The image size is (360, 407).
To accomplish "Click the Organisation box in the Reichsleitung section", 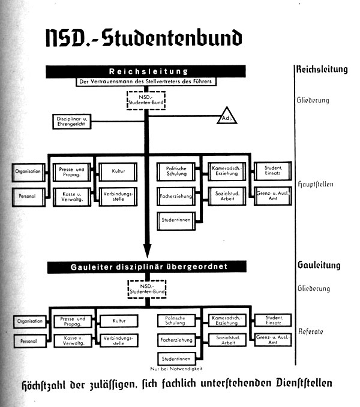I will pyautogui.click(x=28, y=172).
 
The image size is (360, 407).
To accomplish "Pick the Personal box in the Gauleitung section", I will pyautogui.click(x=28, y=342).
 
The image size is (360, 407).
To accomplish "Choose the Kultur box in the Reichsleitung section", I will pyautogui.click(x=118, y=171).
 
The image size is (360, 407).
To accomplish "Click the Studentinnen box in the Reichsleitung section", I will pyautogui.click(x=175, y=219).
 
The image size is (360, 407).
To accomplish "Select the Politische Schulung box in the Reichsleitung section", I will pyautogui.click(x=175, y=172).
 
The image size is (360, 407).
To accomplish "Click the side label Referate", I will pyautogui.click(x=311, y=331).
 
